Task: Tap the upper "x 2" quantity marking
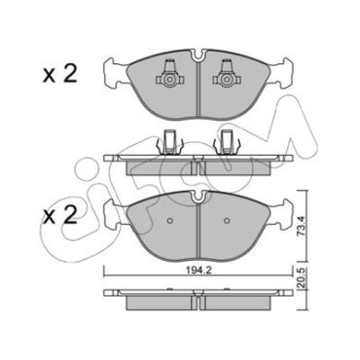click(x=60, y=74)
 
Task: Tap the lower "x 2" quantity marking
click(x=60, y=215)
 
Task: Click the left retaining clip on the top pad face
click(x=169, y=75)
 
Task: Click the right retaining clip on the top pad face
click(x=226, y=75)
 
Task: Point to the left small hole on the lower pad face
click(x=170, y=221)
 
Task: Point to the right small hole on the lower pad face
click(x=228, y=221)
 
